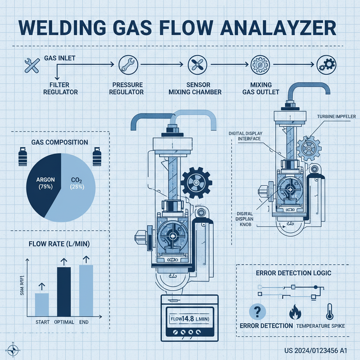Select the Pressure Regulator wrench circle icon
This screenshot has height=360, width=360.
pos(126,64)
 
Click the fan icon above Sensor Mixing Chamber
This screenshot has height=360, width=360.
pos(195,64)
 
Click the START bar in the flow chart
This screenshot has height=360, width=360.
pos(42,304)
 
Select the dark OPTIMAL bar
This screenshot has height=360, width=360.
pos(64,291)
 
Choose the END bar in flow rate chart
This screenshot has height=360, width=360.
pos(86,290)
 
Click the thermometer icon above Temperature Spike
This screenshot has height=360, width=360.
pos(329,311)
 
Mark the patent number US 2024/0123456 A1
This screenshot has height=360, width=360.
pos(316,351)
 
